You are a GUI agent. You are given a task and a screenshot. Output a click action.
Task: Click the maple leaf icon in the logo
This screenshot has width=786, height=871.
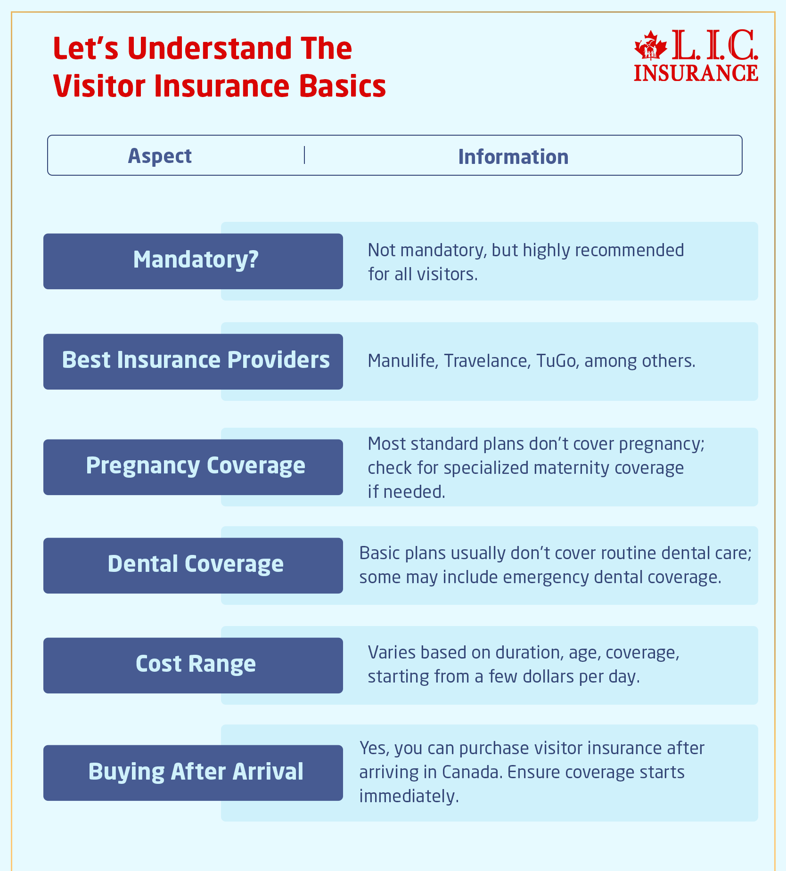[x=650, y=46]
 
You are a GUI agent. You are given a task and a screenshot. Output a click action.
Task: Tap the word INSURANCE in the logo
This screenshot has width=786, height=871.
[x=696, y=73]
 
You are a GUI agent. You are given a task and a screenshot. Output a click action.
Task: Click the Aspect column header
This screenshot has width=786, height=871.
[x=160, y=156]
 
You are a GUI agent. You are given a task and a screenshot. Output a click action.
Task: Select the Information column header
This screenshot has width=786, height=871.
[x=513, y=157]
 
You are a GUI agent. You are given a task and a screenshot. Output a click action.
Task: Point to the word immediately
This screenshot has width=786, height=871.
[x=409, y=796]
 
